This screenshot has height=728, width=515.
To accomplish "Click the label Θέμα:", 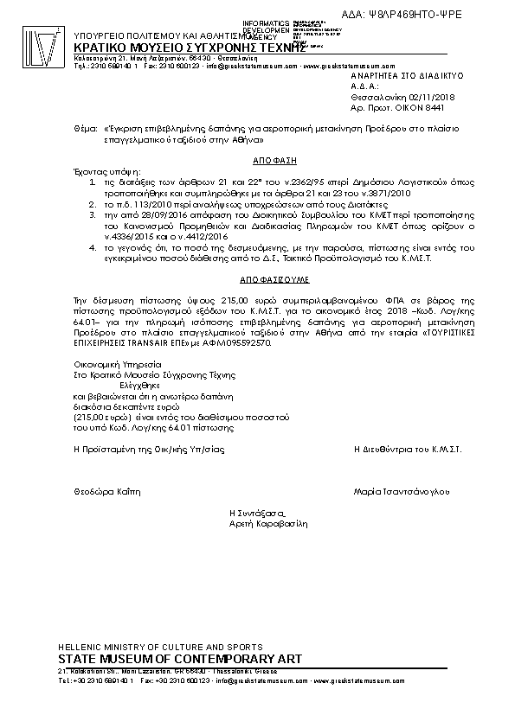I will (x=85, y=127).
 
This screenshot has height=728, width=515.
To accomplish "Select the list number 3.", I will (x=93, y=211).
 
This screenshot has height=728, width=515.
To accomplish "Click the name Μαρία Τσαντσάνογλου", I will (x=402, y=491).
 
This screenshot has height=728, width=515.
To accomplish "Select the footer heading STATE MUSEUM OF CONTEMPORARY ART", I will (x=180, y=660).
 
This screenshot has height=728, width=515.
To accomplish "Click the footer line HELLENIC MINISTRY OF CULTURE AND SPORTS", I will (x=160, y=648).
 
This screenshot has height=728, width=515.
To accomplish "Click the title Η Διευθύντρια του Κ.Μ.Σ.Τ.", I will (x=408, y=450).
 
